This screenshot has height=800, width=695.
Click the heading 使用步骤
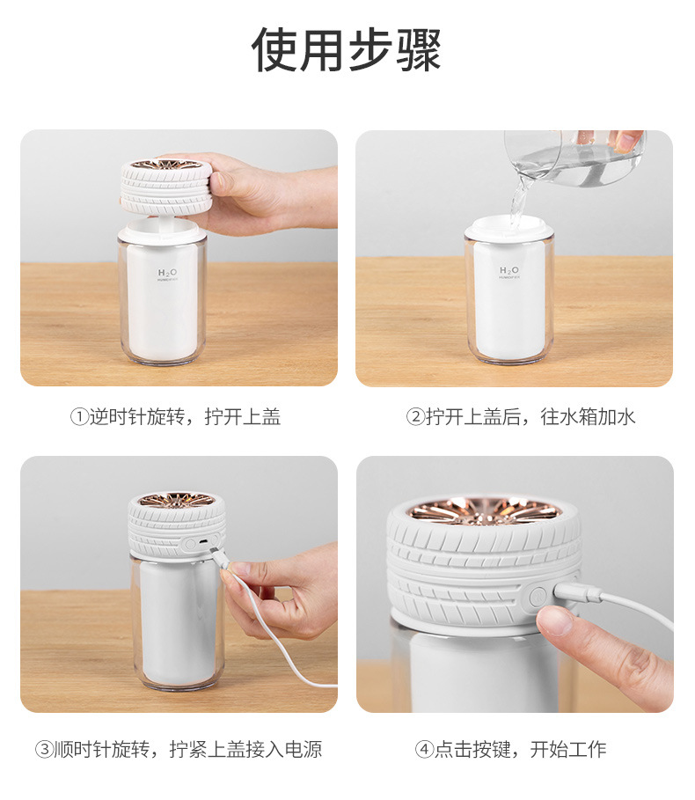(347, 50)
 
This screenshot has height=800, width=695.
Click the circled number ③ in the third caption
(43, 750)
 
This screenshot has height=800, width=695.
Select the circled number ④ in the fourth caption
(424, 750)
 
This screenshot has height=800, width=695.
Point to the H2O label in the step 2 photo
(509, 271)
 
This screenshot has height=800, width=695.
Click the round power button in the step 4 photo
(537, 597)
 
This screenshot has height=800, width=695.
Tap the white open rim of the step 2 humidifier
(509, 230)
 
